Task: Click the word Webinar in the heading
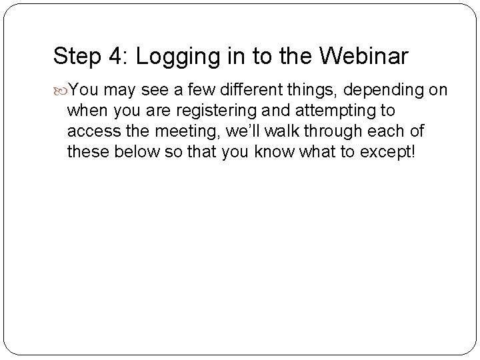coord(364,57)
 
